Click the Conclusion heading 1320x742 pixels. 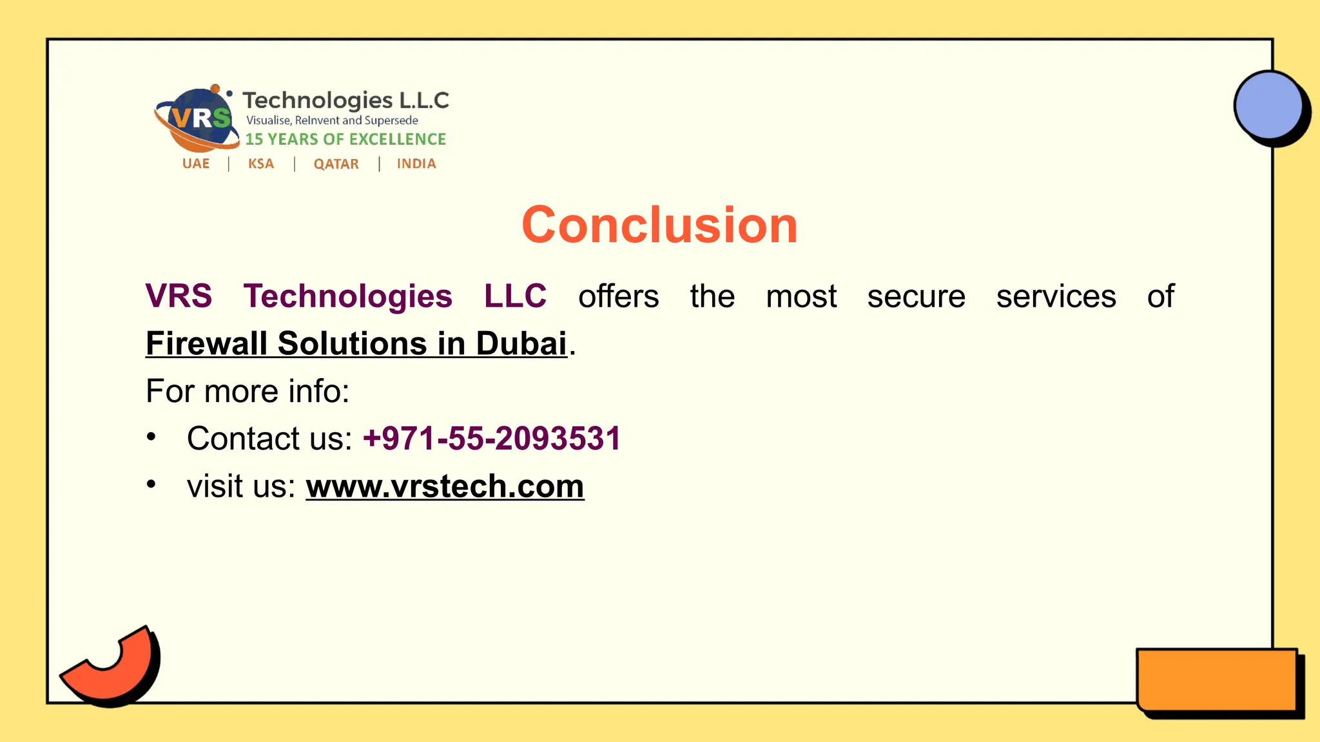tap(659, 225)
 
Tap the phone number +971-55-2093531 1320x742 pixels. tap(492, 439)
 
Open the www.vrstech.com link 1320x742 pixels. tap(445, 486)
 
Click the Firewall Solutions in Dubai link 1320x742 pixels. tap(356, 343)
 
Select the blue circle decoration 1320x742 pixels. tap(1268, 106)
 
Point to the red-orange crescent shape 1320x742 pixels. tap(116, 667)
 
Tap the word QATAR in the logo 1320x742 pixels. tap(336, 164)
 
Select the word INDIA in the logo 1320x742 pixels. tap(416, 164)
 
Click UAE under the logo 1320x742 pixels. tap(196, 164)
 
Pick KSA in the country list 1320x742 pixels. tap(261, 164)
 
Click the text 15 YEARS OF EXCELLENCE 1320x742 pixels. tap(345, 139)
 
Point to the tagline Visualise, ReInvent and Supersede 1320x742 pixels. tap(332, 120)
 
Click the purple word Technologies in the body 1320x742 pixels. tap(348, 296)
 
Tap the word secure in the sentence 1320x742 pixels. tap(916, 296)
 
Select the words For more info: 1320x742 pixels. tap(247, 391)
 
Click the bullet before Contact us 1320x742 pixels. tap(151, 437)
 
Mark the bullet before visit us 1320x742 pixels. tap(151, 484)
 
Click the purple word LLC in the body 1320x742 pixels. tap(515, 296)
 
